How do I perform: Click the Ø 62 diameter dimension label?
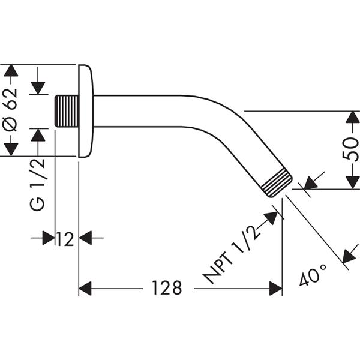11,110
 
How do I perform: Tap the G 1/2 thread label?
37,184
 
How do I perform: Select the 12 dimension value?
65,239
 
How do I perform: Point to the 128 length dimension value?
167,287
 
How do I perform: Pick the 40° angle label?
313,275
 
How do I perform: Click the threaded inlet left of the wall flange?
67,111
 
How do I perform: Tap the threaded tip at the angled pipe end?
277,183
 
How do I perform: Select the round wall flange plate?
86,111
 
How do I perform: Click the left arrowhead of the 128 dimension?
85,289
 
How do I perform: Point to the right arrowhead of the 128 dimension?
275,289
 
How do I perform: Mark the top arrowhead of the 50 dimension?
352,118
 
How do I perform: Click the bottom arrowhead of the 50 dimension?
352,183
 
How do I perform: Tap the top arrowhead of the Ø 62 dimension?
11,70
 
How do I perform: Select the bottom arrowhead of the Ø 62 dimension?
11,149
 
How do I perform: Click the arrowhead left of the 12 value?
49,238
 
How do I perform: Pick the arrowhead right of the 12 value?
85,238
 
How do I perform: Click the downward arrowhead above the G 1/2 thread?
38,88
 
